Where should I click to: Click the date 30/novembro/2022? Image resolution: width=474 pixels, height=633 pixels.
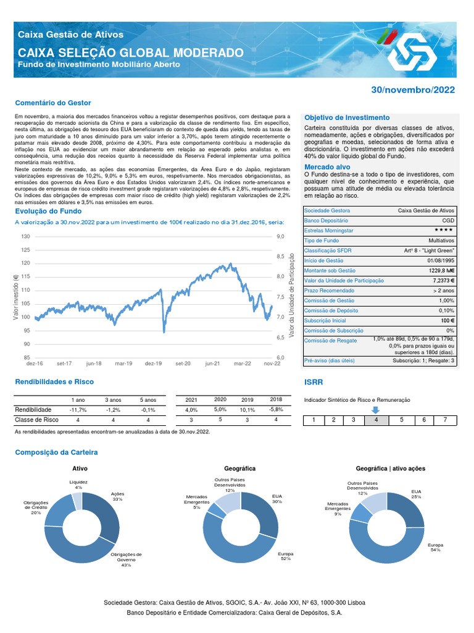coord(413,90)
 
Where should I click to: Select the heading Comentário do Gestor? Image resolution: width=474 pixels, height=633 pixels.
coord(52,103)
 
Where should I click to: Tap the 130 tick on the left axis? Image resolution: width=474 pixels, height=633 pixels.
coord(25,237)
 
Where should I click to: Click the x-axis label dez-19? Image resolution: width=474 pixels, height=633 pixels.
coord(153,364)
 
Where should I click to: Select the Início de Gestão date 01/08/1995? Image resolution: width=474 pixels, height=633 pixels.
coord(439,260)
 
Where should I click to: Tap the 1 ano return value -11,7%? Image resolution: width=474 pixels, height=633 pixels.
coord(78,410)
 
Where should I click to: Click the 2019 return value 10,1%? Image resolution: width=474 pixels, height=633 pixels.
coord(247,410)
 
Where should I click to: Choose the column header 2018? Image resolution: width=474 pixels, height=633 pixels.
coord(275,399)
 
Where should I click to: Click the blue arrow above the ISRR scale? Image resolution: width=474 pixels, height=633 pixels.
coord(375,409)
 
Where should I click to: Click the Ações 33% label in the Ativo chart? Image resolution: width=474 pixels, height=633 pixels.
coord(117,496)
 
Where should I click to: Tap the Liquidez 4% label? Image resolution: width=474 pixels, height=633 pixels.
coord(78,484)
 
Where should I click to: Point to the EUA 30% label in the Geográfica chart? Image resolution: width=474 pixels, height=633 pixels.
coord(276,498)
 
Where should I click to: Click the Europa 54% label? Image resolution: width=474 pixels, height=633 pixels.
coord(436,547)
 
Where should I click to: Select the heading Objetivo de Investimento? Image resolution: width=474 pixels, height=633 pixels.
coord(347,117)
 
